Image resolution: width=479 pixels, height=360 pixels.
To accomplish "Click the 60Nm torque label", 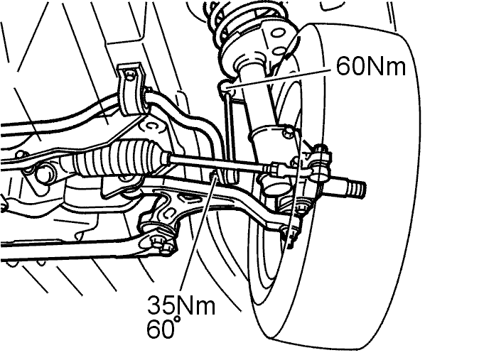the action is click(x=371, y=65).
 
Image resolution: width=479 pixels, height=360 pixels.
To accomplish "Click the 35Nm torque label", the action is click(x=181, y=305).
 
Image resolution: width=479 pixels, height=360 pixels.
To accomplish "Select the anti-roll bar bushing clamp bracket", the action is click(x=131, y=90).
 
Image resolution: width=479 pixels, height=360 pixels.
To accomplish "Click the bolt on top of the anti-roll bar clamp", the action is click(x=130, y=75).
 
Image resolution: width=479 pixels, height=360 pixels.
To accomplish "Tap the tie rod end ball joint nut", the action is click(x=321, y=151).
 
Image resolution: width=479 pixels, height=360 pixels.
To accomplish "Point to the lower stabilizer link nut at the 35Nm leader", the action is click(x=214, y=175).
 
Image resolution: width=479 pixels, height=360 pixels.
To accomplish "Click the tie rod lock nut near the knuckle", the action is click(x=274, y=169).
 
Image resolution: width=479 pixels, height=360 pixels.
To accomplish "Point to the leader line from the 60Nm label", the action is click(x=279, y=80).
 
